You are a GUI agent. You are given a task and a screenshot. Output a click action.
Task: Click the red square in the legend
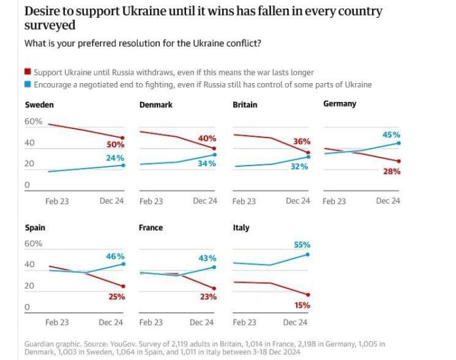click(28, 72)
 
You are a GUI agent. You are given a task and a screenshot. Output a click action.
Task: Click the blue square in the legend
click(28, 84)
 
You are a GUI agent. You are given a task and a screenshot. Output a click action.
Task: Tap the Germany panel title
click(339, 104)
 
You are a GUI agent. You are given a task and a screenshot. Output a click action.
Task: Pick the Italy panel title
click(241, 228)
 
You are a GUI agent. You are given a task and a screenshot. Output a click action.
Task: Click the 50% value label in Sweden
click(115, 145)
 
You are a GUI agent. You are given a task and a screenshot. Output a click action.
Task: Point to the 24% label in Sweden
click(115, 158)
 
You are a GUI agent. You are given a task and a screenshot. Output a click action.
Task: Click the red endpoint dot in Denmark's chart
click(214, 149)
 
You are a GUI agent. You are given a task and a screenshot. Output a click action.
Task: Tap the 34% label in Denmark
click(207, 163)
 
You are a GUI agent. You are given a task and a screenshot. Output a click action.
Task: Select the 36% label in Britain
click(301, 142)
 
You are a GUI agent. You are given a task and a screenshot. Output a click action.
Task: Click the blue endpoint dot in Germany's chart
click(399, 143)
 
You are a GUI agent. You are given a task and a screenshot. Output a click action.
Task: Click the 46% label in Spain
click(115, 257)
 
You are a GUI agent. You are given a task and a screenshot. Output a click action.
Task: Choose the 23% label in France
click(208, 297)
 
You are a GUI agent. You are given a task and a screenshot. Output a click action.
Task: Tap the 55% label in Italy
click(301, 244)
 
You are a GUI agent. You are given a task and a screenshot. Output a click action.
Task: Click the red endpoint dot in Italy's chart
click(308, 295)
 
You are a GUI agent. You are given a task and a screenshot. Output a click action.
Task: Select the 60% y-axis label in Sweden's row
click(33, 122)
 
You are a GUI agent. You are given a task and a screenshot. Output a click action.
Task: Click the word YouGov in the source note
click(122, 343)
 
